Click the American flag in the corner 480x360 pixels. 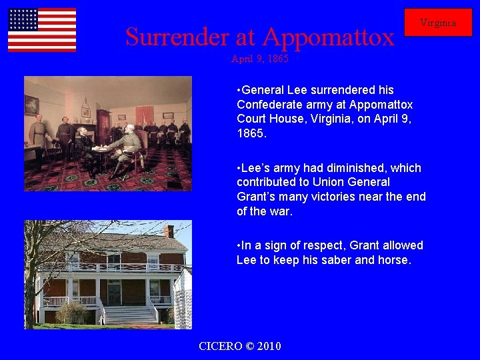(x=42, y=30)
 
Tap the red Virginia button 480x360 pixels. (x=438, y=23)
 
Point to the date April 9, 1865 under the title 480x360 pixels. (x=259, y=59)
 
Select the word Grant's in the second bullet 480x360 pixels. (x=259, y=197)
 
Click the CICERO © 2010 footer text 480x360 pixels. (x=240, y=346)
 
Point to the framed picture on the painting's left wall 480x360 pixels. (x=31, y=105)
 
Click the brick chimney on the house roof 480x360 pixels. (x=169, y=231)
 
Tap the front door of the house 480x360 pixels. (x=114, y=292)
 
